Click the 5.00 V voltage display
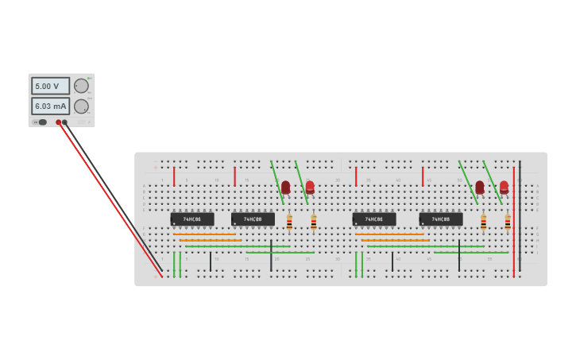coord(50,86)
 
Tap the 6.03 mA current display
coord(50,106)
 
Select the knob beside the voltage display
coord(81,86)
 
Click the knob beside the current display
coord(81,106)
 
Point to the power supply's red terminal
coord(58,122)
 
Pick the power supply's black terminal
coord(65,122)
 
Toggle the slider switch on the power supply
coord(42,122)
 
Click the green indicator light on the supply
coord(89,78)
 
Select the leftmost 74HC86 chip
coord(192,219)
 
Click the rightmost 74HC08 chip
coord(441,219)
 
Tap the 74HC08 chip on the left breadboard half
coord(253,219)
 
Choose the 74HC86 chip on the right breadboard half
coord(374,219)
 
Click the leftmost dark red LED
coord(285,188)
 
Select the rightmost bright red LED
coord(504,188)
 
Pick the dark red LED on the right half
coord(479,188)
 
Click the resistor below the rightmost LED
coord(508,222)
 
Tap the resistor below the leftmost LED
coord(289,222)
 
